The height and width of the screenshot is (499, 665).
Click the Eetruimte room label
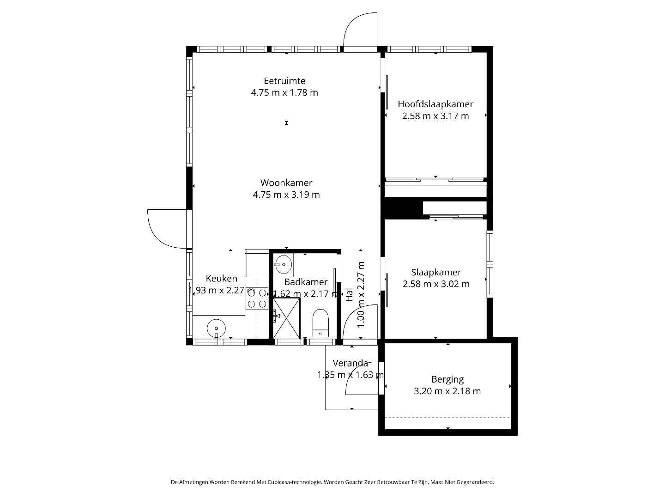point(284,81)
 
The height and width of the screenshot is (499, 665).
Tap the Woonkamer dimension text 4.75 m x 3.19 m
point(286,195)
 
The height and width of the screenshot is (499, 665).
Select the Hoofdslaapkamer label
point(435,104)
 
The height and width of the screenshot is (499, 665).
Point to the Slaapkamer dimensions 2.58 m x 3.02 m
point(436,284)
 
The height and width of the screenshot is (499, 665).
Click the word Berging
point(447,380)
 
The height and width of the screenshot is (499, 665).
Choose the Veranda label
point(350,363)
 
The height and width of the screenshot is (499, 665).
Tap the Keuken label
point(222,279)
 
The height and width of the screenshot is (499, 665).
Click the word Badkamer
point(306,282)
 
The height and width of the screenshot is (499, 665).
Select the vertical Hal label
point(349,294)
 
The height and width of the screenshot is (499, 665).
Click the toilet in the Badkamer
point(320,323)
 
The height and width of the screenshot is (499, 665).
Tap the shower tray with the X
point(286,318)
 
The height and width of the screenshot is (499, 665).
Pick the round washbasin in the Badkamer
point(284,264)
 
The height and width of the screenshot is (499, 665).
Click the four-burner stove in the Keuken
point(257,298)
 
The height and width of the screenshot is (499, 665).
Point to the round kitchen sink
point(216,329)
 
